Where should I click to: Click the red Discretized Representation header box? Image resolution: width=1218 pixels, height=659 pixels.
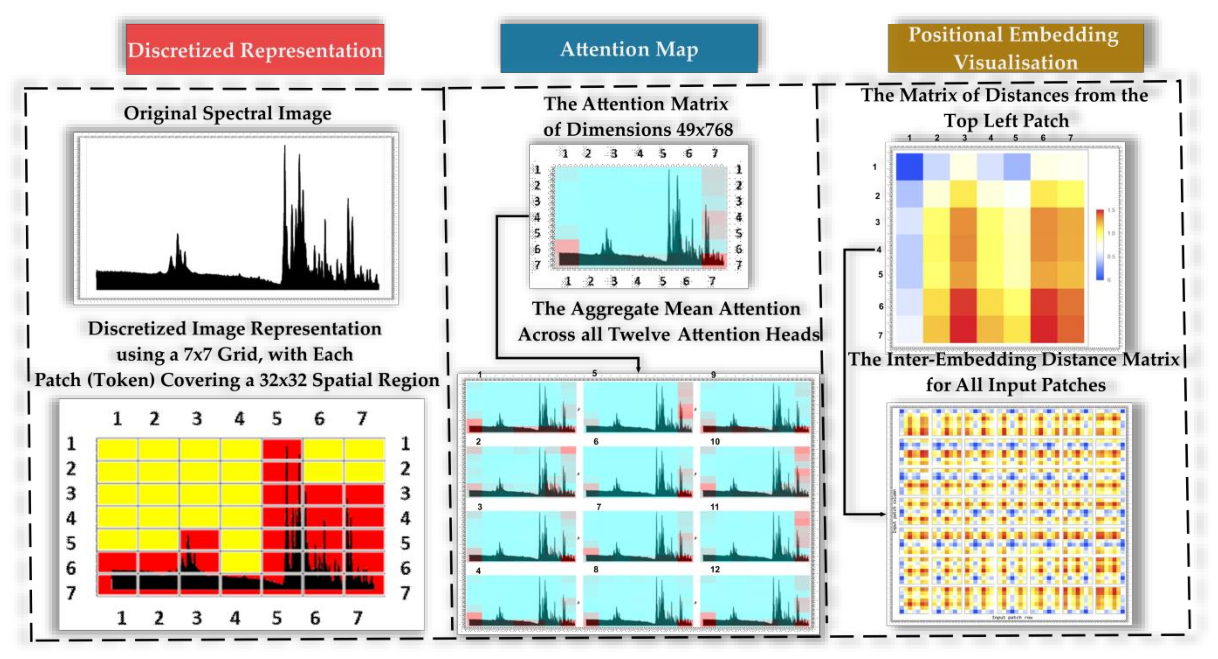(255, 49)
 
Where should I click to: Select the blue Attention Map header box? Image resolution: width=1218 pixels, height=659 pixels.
(629, 49)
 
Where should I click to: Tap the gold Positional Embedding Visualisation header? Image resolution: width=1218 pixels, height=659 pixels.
(1015, 48)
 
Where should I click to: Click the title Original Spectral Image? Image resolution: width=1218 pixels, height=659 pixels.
(227, 114)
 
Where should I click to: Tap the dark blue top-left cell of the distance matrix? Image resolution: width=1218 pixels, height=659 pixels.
(909, 166)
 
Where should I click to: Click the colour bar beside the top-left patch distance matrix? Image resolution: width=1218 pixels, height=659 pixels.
(1100, 245)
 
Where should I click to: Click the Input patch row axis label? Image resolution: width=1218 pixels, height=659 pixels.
(1012, 617)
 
